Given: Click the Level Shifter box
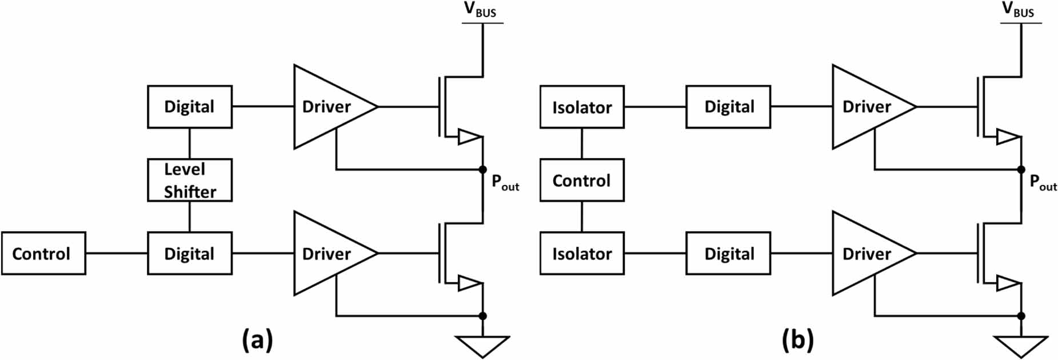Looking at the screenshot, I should point(190,180).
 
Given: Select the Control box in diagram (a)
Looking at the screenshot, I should point(43,253).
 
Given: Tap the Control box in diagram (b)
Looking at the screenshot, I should point(582,181).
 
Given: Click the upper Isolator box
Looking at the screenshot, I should point(582,107).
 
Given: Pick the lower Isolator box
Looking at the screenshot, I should point(582,253).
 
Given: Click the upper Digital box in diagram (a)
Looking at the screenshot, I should point(190,107).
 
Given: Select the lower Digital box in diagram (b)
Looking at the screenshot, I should point(728,253).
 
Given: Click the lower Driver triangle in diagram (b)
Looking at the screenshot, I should point(867,253).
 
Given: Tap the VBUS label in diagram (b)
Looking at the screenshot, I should point(1019,10).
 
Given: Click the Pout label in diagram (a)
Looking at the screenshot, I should point(505,183).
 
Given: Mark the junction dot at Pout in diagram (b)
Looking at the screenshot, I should point(1021,170).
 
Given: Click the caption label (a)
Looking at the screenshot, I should point(257,340).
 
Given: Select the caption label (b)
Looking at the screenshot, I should point(797,340).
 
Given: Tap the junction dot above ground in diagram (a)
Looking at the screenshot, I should point(482,316).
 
